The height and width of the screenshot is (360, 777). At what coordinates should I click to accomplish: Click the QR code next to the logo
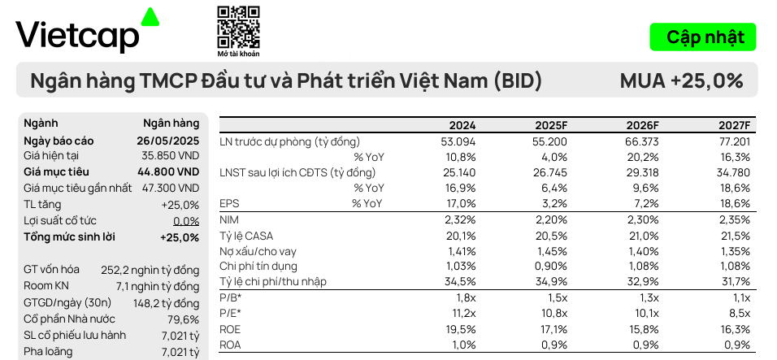click(x=239, y=26)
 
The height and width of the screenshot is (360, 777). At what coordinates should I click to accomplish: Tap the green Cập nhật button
click(x=704, y=37)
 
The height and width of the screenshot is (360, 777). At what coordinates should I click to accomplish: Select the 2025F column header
click(x=551, y=126)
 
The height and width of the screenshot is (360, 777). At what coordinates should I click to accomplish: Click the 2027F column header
click(x=735, y=126)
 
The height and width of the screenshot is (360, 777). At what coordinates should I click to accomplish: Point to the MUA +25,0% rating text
click(x=681, y=80)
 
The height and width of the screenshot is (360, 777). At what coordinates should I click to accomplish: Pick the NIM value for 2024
click(x=461, y=219)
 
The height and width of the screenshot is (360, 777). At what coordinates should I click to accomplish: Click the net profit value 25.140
click(x=459, y=172)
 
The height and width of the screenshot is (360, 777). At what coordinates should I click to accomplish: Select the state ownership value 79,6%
click(x=184, y=319)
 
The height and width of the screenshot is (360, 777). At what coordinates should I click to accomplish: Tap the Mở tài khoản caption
click(x=239, y=54)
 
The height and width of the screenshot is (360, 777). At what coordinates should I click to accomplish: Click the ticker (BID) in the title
click(x=518, y=80)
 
